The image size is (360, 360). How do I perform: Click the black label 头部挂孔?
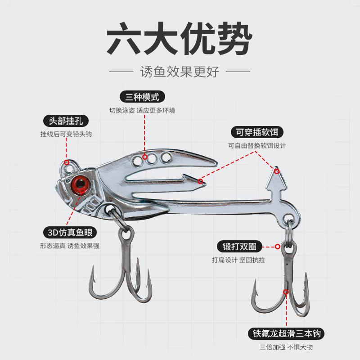pyautogui.click(x=66, y=121)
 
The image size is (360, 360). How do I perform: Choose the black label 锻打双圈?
pyautogui.click(x=238, y=247)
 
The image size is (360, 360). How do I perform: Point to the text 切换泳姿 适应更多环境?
pyautogui.click(x=142, y=111)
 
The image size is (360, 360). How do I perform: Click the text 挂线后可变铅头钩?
pyautogui.click(x=66, y=134)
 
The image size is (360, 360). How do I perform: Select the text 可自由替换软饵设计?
pyautogui.click(x=256, y=146)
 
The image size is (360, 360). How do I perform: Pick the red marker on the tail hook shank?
pyautogui.click(x=285, y=292)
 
